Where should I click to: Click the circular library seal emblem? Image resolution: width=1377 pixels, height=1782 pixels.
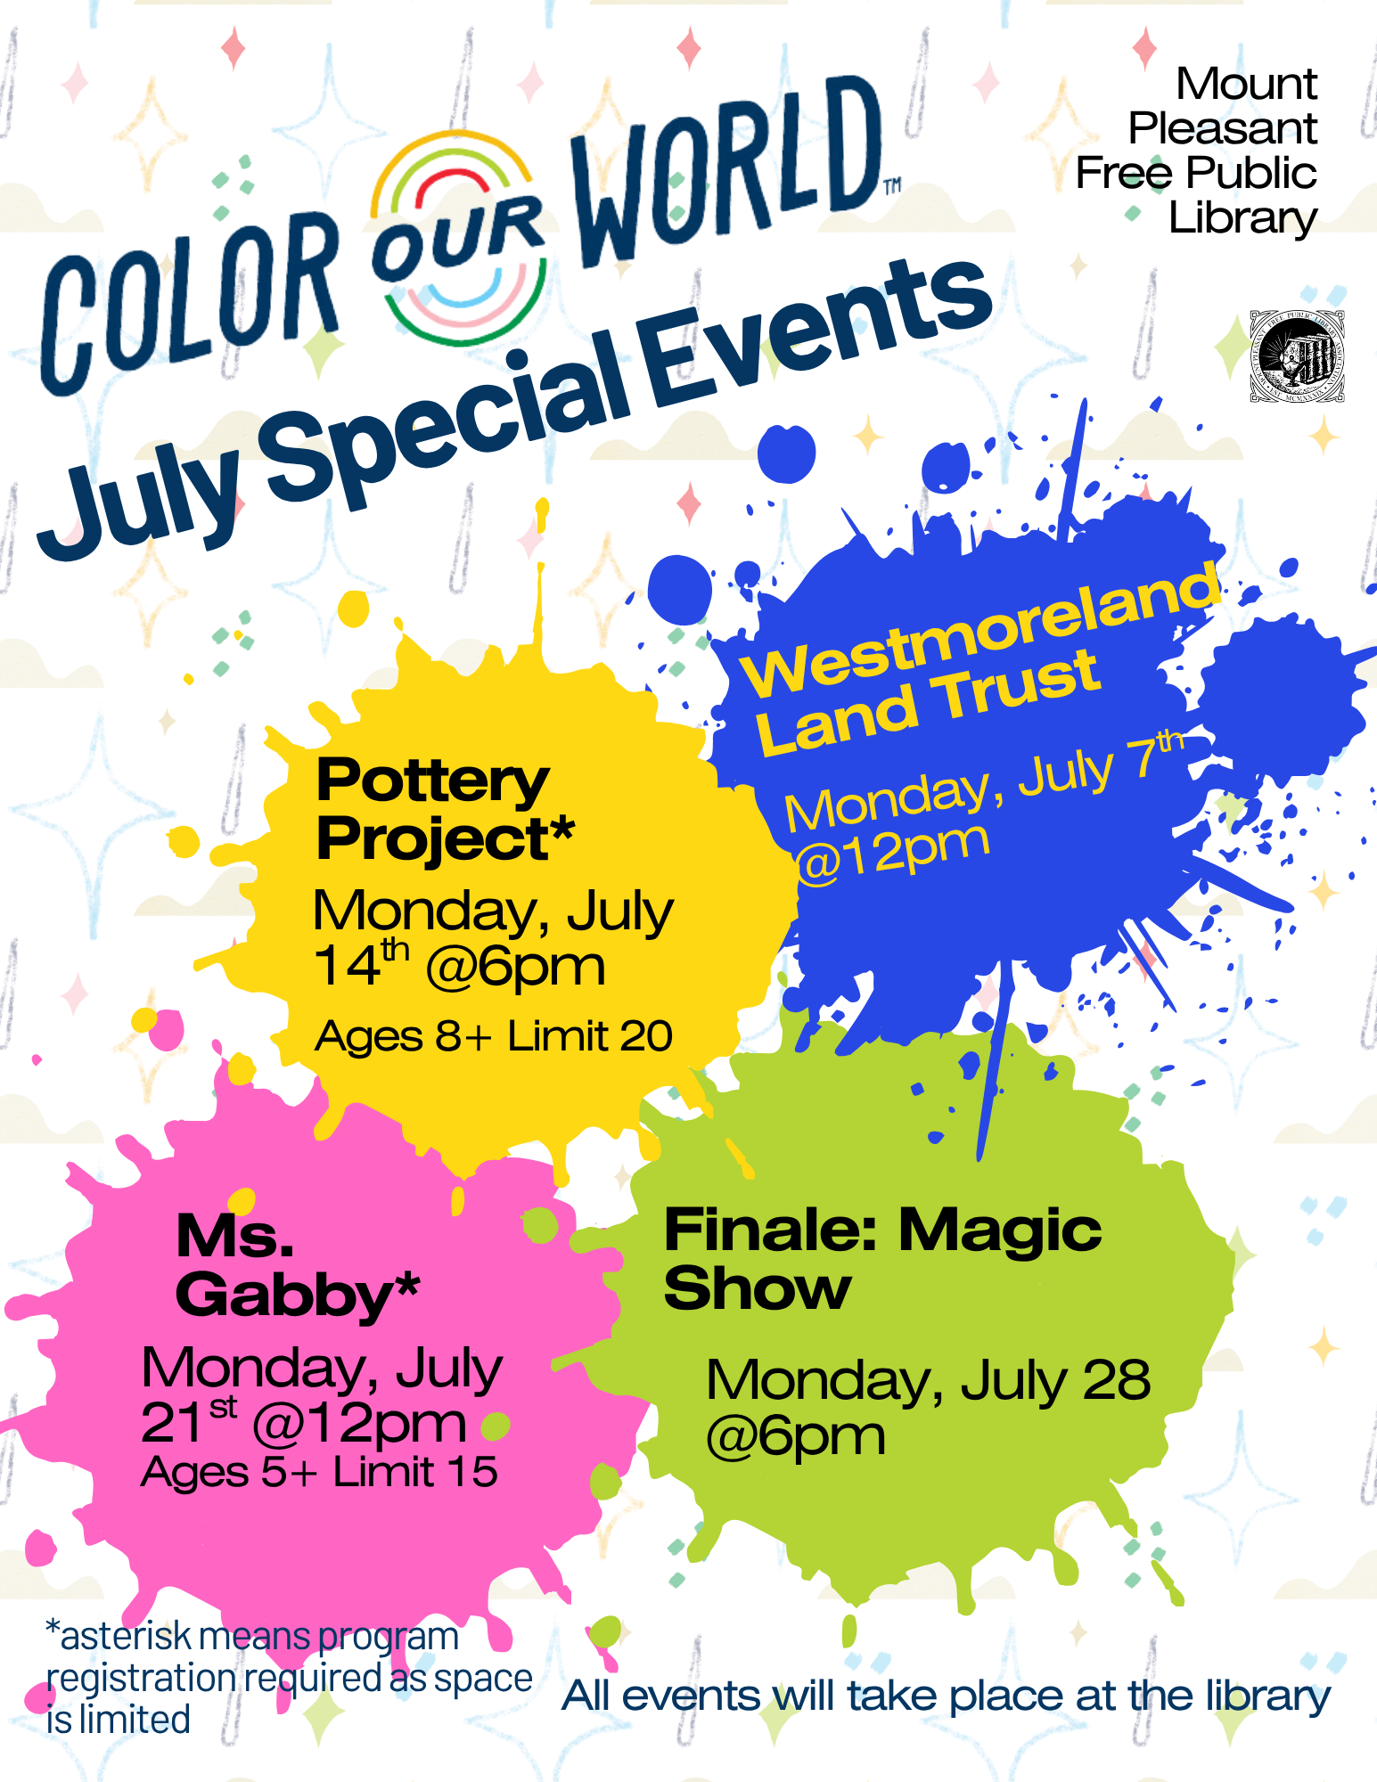click(1297, 356)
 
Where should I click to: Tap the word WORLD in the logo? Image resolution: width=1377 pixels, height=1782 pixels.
click(726, 174)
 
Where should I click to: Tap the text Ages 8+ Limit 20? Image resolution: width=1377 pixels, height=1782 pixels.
click(494, 1035)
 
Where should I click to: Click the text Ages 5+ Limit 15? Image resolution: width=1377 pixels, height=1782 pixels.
click(319, 1472)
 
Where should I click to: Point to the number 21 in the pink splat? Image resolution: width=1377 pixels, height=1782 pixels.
click(174, 1423)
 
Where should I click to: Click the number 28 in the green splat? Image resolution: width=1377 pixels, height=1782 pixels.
click(1118, 1380)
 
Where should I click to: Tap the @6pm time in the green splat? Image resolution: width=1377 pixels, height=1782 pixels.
click(796, 1437)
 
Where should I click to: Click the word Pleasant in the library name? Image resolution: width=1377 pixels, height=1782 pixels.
click(1222, 128)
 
